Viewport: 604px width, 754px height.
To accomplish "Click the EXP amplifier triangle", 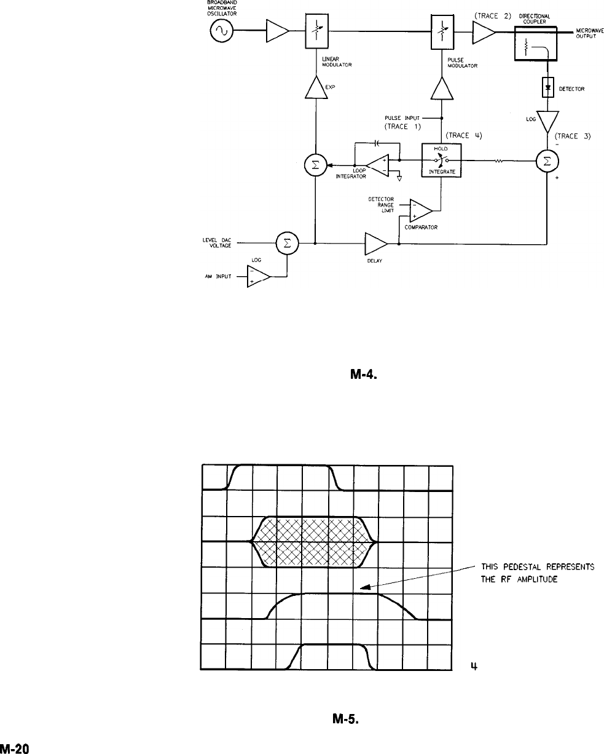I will coord(316,89).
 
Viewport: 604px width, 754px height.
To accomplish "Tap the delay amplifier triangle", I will coord(375,244).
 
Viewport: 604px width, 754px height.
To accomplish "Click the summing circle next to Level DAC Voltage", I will coord(286,244).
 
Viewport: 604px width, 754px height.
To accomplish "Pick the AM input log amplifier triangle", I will coord(259,277).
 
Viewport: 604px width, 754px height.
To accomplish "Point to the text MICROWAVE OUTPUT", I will coord(590,33).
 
